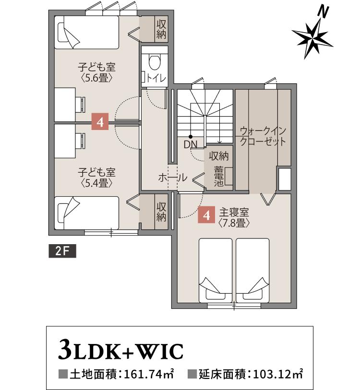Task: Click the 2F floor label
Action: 62,251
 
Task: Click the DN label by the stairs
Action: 190,144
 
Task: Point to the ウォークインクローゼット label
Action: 263,136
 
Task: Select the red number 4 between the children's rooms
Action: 100,122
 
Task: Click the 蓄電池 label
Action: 219,176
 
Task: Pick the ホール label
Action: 172,177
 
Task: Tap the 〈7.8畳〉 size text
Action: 234,223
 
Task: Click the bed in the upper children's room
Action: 86,32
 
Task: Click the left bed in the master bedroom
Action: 216,270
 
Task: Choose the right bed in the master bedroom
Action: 252,270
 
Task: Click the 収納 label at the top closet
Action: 161,28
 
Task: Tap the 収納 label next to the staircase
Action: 218,156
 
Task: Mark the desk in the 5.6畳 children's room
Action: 65,104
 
